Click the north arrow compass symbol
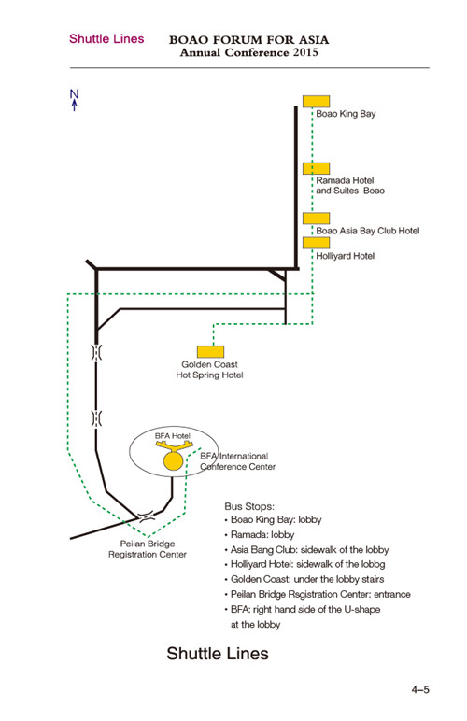point(74,100)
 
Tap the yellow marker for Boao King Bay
point(316,101)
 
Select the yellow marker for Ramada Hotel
point(316,168)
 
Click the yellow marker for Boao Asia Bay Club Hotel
point(316,219)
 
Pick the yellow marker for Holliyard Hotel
point(316,243)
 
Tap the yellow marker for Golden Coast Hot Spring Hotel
point(210,352)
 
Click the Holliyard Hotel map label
point(346,256)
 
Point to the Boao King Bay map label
point(346,114)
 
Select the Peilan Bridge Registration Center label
point(148,549)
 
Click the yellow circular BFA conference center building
point(174,461)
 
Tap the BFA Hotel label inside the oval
point(173,436)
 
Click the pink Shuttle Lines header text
point(106,39)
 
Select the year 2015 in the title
point(305,52)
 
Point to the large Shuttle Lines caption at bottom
point(218,654)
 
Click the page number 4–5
point(420,690)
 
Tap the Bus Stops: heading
point(249,506)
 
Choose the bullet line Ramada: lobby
point(260,535)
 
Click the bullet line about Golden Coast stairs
point(304,579)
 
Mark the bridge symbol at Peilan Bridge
point(147,516)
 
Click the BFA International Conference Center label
point(237,461)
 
